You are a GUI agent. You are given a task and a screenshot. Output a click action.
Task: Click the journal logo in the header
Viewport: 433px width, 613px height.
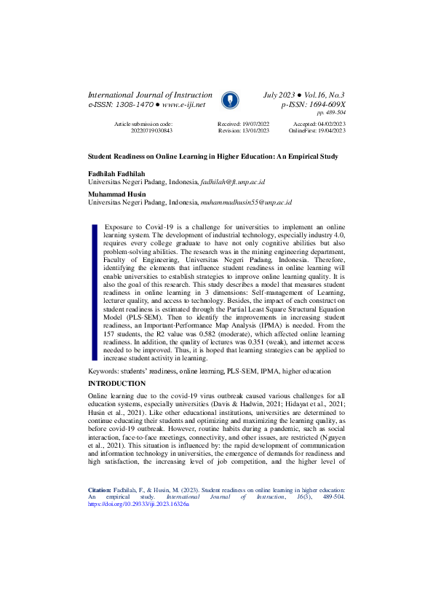tap(229, 100)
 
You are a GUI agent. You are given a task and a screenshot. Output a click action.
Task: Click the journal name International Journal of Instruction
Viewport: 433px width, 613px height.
tap(150, 95)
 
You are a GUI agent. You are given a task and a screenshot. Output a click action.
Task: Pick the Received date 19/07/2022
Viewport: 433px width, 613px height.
tap(254, 124)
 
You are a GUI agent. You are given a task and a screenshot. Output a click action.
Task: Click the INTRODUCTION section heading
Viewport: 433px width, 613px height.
tap(116, 383)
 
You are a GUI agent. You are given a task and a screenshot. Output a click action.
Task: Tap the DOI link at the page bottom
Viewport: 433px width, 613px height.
tap(138, 564)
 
